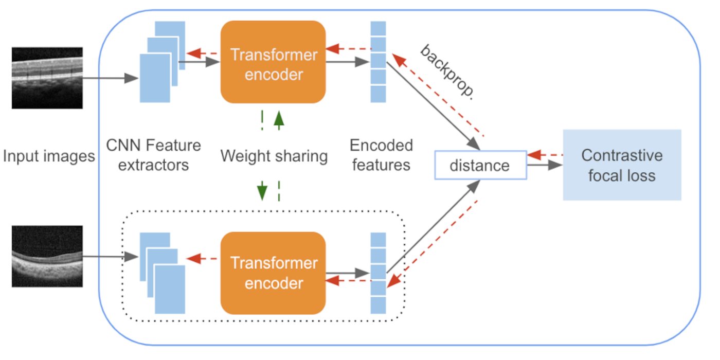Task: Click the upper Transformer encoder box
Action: click(x=273, y=62)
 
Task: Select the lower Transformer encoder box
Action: click(x=273, y=273)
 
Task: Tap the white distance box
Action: click(x=480, y=165)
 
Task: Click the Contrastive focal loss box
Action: click(x=622, y=165)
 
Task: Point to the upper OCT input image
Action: click(x=47, y=78)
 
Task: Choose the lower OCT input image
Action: click(x=47, y=256)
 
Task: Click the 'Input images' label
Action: click(x=49, y=156)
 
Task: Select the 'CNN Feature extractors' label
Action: click(x=153, y=155)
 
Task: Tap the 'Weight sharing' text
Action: click(x=274, y=156)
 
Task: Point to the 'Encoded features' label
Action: click(x=381, y=155)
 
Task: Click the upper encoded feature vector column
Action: click(x=378, y=62)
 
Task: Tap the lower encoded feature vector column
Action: click(x=378, y=273)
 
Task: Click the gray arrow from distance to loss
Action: click(x=544, y=166)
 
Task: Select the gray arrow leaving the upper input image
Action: click(x=111, y=78)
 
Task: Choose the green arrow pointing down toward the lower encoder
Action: click(x=262, y=190)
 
